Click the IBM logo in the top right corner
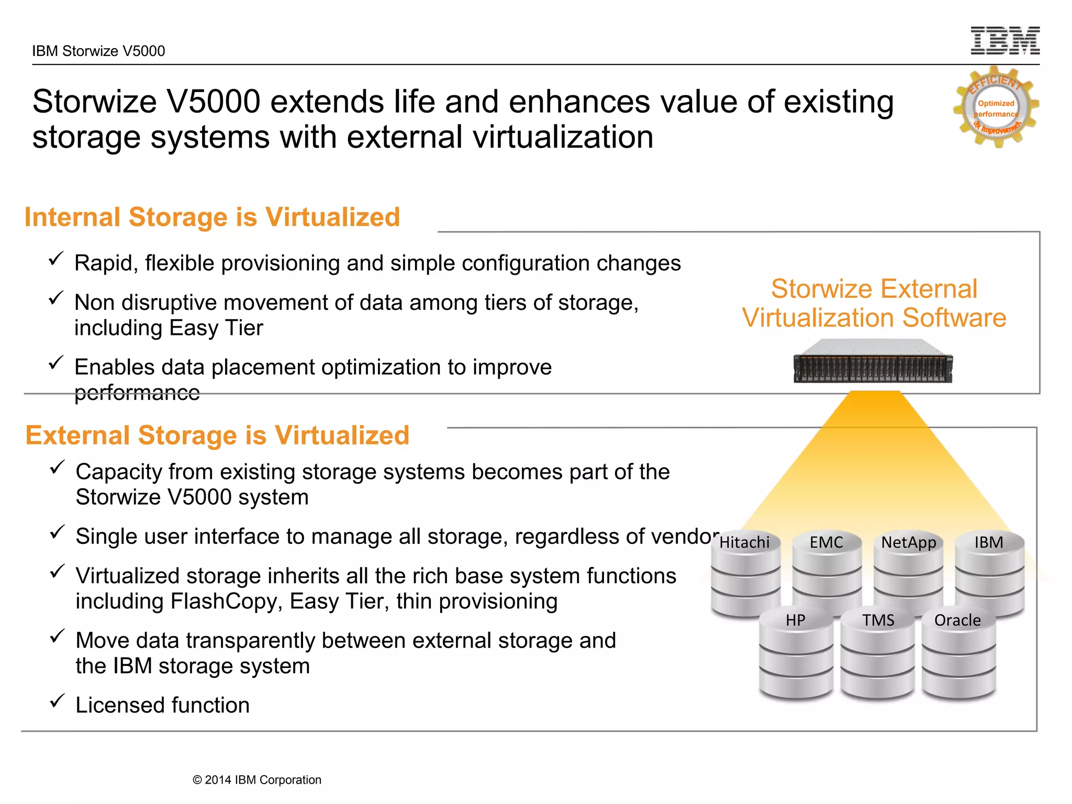[x=1005, y=41]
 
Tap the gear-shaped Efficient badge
[x=996, y=107]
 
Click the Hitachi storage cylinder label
[x=744, y=542]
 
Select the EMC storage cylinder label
[x=827, y=542]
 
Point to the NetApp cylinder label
[x=909, y=542]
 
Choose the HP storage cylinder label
[x=795, y=620]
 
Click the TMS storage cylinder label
[x=878, y=620]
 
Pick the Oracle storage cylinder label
[x=957, y=620]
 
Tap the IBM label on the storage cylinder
[x=989, y=542]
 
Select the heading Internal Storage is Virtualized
[x=212, y=217]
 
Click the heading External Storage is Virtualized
[x=217, y=435]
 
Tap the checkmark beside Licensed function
[x=57, y=701]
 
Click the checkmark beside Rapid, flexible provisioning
[x=56, y=259]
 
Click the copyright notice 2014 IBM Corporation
[x=257, y=780]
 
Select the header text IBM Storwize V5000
[x=98, y=51]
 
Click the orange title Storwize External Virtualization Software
[x=874, y=304]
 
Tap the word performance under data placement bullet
[x=137, y=393]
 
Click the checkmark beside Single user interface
[x=57, y=532]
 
